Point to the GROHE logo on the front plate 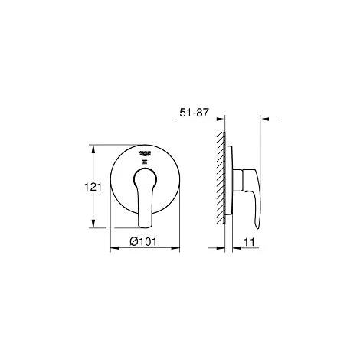coord(145,154)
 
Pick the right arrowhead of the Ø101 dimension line coord(177,249)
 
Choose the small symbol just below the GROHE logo coord(145,162)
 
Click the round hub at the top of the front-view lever coord(145,178)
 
